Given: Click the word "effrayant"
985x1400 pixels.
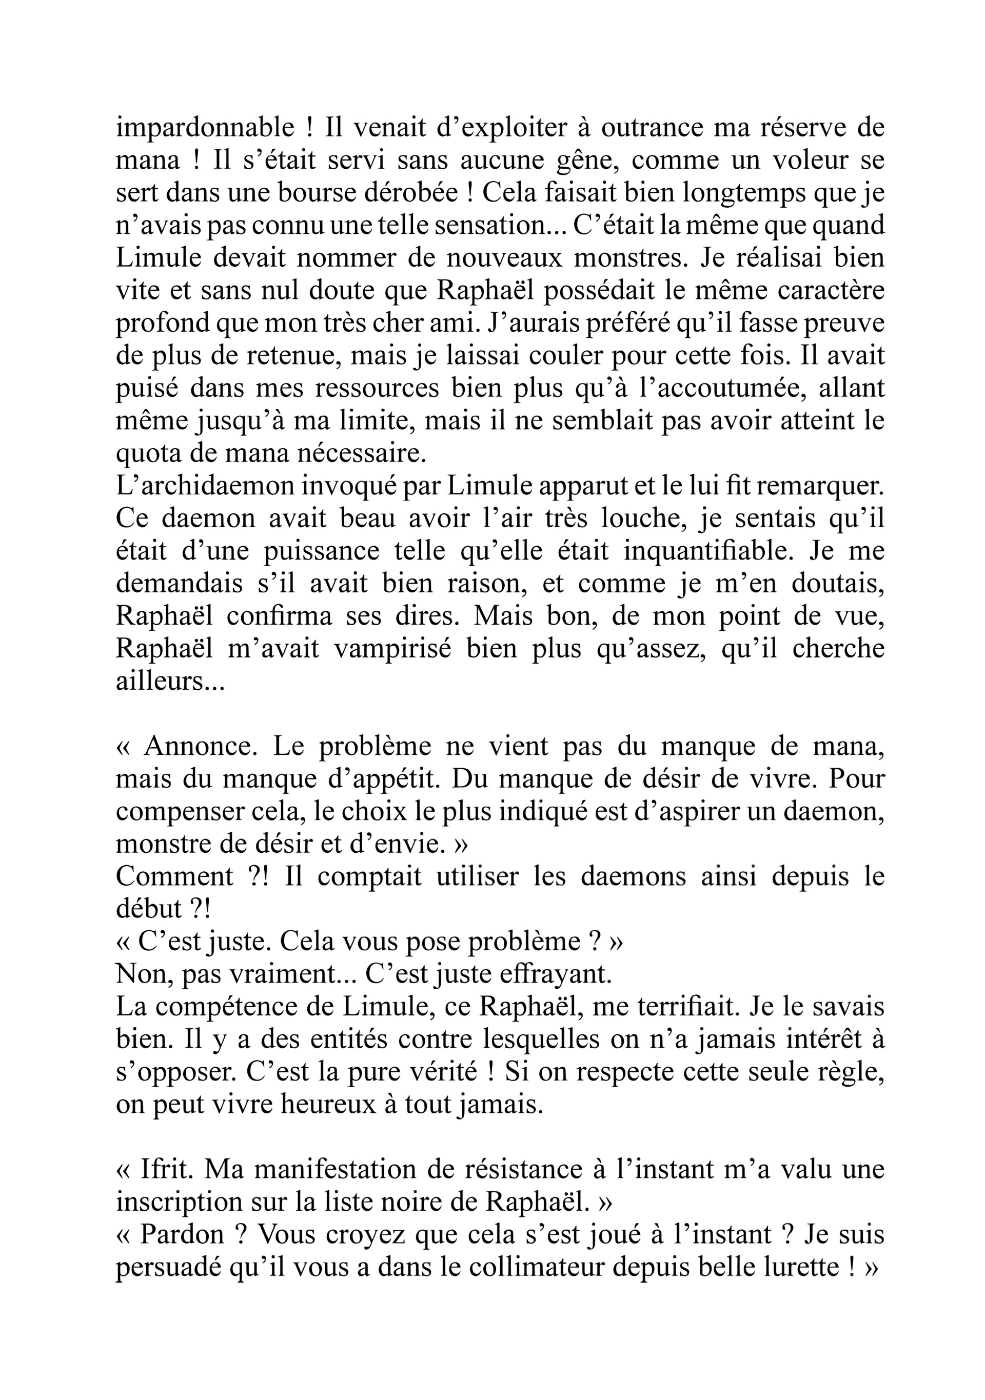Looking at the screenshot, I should [x=556, y=974].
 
